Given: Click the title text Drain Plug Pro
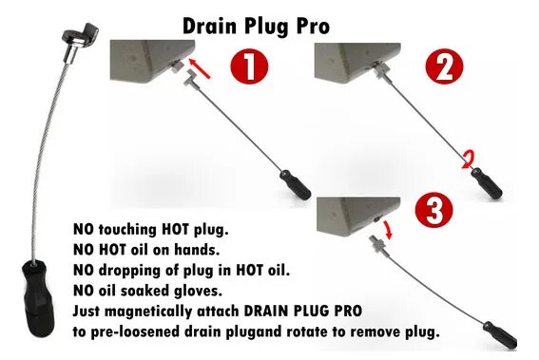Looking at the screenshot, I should click(256, 26).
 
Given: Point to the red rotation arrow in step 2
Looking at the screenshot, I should click(466, 159).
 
